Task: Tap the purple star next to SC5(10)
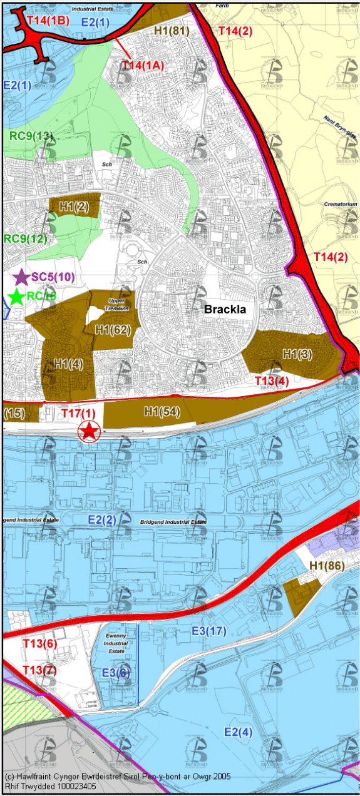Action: (x=21, y=277)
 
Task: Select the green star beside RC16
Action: (x=17, y=297)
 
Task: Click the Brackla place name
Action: (x=225, y=309)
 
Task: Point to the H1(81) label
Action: (x=172, y=29)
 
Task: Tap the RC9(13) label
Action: (x=29, y=135)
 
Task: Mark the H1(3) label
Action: (x=297, y=354)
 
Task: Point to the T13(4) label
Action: (x=272, y=380)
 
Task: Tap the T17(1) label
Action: (x=78, y=413)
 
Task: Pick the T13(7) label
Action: (x=39, y=670)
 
